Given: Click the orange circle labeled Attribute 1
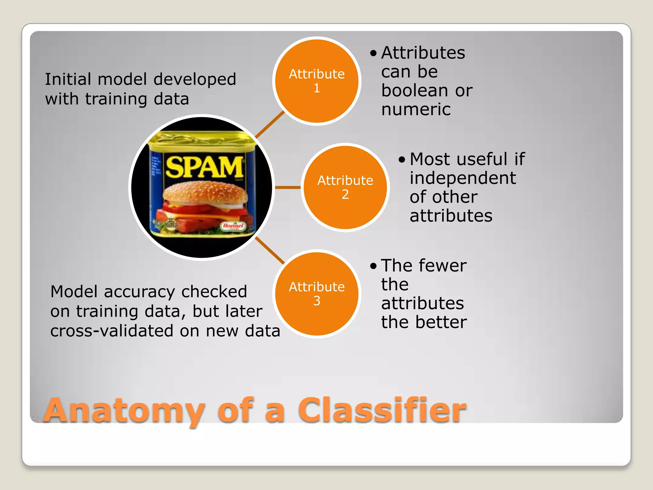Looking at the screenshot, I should pos(317,81).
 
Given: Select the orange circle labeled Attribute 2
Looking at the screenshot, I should pos(345,187).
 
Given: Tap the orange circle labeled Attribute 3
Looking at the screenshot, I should pos(317,293).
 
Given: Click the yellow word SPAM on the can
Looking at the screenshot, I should pos(204,167).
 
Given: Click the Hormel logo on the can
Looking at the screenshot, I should pos(233,226).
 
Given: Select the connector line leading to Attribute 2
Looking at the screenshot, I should pos(288,187).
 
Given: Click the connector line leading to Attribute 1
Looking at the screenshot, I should pos(269,124).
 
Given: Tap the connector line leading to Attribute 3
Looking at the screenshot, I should pos(269,250).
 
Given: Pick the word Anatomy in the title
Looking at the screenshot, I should pos(124,411).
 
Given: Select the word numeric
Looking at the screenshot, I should pos(416,109).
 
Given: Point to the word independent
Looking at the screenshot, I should pos(462,178).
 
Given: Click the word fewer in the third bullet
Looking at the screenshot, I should pos(443,265).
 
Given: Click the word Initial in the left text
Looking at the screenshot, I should pos(68,79).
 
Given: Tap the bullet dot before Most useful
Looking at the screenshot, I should pos(402,159).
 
